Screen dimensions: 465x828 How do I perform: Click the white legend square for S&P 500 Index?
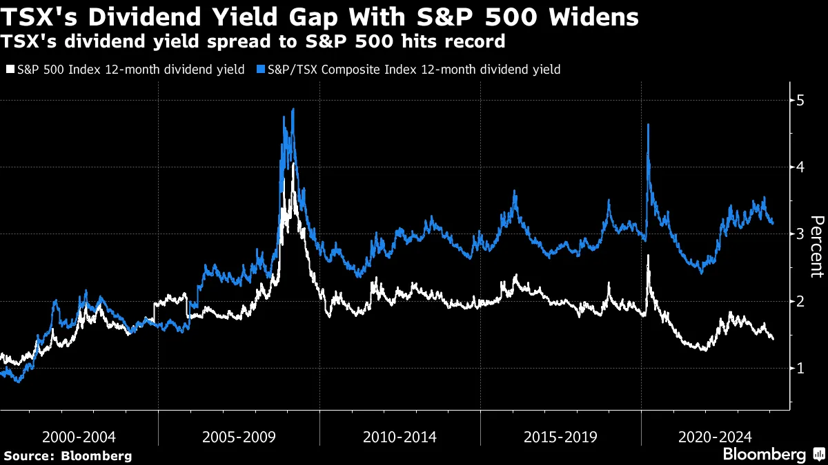point(10,70)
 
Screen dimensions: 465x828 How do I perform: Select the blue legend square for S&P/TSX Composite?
point(261,70)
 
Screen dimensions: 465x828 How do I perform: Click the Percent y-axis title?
point(817,245)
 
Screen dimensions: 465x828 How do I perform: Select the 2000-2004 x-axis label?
point(79,437)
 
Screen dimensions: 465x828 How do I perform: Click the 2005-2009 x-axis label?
point(239,437)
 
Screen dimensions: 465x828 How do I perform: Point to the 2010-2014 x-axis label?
point(400,437)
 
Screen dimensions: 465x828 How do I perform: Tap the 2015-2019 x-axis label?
point(560,437)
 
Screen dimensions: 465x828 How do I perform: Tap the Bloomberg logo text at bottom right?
point(764,455)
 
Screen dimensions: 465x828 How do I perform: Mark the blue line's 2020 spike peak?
point(648,125)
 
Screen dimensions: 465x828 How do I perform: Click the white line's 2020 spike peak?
point(648,256)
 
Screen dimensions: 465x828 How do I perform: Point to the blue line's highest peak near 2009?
point(293,110)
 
